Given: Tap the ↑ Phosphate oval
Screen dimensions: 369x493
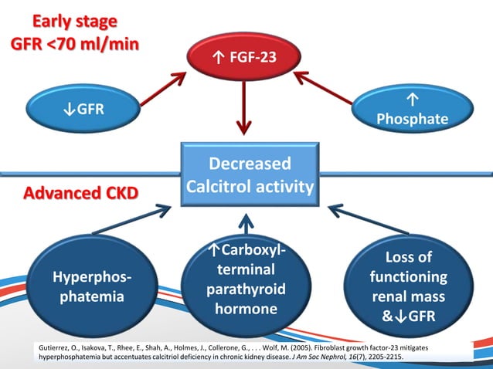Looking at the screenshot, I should (410, 110).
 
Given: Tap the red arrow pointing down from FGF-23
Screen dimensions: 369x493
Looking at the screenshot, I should (246, 108).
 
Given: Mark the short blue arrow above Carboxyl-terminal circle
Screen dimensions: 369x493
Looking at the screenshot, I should (246, 224).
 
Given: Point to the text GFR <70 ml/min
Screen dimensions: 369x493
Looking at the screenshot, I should (75, 43).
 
